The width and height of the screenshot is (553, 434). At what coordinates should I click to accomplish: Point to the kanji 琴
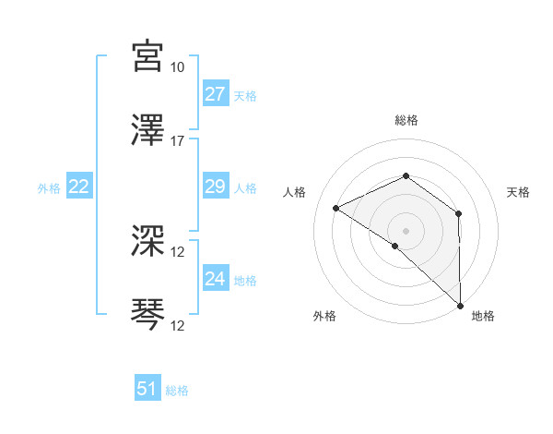pos(148,315)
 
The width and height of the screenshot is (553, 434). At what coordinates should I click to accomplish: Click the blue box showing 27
pos(215,94)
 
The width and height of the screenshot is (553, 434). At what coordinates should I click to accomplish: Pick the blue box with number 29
pos(215,187)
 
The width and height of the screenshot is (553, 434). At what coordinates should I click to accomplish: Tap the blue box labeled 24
pos(215,279)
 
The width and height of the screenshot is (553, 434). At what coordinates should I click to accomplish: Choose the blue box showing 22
pos(78,187)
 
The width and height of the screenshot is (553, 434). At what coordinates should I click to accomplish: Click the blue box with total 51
pos(147,389)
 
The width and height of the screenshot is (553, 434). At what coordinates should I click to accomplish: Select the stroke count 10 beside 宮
pos(177,67)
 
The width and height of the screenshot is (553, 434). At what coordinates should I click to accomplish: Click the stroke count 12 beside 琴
pos(177,326)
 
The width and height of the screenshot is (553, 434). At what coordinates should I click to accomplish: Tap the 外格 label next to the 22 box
pos(49,188)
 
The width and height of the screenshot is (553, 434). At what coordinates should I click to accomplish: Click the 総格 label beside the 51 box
pos(177,391)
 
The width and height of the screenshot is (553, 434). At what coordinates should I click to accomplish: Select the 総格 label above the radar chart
pos(406,120)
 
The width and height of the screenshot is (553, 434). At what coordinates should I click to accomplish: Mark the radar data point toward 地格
pos(459,306)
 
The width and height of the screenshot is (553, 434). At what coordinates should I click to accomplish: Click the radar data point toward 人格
pos(336,208)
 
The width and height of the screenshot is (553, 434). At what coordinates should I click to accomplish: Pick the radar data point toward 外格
pos(394,246)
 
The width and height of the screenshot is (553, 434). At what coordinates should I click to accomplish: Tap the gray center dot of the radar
pos(406,230)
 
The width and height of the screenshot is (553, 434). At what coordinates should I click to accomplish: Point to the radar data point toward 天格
pos(458,213)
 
